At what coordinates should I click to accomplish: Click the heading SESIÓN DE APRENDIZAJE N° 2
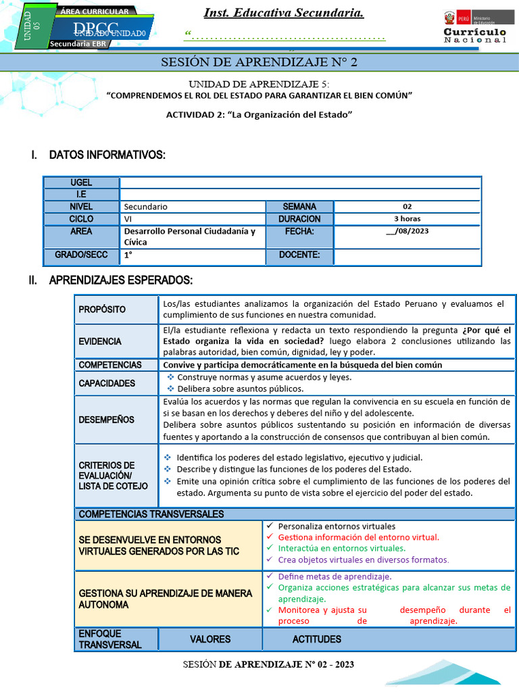(x=259, y=63)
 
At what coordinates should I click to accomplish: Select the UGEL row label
(x=81, y=182)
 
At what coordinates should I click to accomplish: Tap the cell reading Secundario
(x=146, y=207)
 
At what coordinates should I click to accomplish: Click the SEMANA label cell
(x=299, y=206)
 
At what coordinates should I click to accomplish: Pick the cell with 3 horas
(x=407, y=219)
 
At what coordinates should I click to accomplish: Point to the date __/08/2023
(x=407, y=231)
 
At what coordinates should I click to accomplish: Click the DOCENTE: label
(x=299, y=255)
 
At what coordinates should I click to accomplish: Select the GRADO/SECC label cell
(x=81, y=255)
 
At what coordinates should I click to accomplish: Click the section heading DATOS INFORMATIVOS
(x=107, y=155)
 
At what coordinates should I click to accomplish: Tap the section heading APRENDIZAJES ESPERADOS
(x=120, y=280)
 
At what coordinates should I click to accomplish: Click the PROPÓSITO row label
(x=102, y=310)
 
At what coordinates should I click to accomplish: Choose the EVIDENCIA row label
(x=100, y=341)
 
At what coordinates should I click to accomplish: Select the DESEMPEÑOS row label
(x=106, y=420)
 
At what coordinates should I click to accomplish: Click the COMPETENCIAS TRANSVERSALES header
(x=151, y=514)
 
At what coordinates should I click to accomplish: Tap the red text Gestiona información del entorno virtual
(x=358, y=537)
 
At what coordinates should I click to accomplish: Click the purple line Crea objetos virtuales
(x=363, y=560)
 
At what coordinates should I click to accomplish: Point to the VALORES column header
(x=209, y=639)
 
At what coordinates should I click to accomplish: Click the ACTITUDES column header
(x=316, y=639)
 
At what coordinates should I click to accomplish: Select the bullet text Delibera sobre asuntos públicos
(x=240, y=389)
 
